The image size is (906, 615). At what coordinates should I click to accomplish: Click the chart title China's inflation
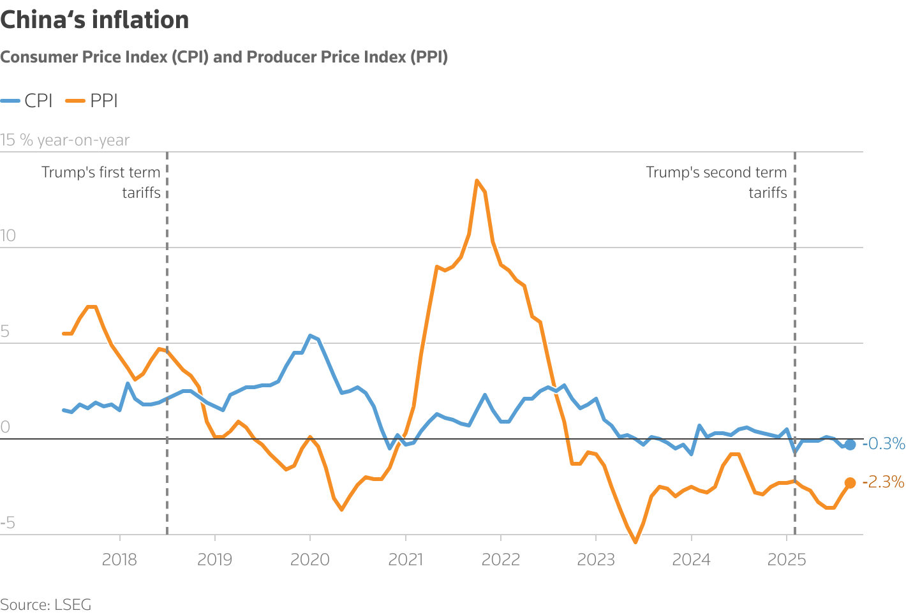pos(94,20)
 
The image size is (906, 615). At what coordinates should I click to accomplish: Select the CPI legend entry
pos(27,101)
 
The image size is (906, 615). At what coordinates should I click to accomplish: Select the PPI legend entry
pos(93,101)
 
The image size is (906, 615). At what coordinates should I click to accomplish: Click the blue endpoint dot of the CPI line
pos(850,445)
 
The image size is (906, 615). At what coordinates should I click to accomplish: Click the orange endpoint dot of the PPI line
pos(850,483)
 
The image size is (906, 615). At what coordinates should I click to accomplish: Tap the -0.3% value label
pos(884,443)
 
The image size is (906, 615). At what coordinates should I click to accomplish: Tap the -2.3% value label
pos(884,482)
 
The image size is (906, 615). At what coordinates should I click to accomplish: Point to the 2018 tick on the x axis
pos(119,560)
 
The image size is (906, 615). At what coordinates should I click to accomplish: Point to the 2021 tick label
pos(406,560)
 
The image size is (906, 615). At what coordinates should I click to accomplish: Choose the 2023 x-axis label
pos(596,560)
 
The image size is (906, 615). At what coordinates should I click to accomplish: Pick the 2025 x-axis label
pos(787,560)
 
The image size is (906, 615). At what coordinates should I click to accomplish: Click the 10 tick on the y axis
pos(8,236)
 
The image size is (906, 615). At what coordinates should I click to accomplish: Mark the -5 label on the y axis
pos(8,523)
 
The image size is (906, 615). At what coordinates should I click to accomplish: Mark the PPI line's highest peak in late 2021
pos(477,181)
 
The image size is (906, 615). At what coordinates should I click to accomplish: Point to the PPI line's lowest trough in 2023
pos(635,542)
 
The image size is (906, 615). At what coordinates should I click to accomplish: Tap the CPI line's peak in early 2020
pos(310,336)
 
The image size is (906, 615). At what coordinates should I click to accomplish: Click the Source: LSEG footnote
pos(46,604)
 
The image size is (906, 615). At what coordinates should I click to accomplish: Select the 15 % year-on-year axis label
pos(65,140)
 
